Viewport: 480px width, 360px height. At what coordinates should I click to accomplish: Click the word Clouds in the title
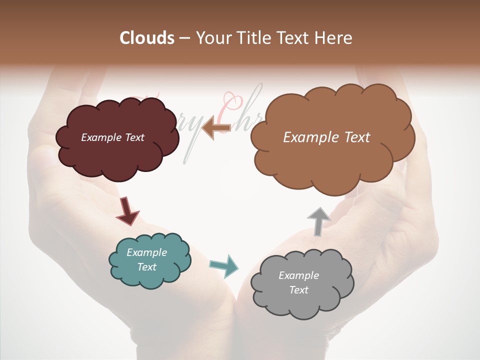(x=147, y=38)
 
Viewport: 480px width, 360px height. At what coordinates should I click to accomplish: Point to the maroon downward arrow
(x=127, y=210)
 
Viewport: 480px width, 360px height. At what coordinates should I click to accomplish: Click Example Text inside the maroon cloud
(x=112, y=137)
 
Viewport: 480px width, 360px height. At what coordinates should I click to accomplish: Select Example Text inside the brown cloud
(x=326, y=137)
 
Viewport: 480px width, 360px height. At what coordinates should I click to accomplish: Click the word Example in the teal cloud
(x=146, y=252)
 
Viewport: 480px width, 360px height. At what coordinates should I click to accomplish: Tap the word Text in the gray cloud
(x=298, y=290)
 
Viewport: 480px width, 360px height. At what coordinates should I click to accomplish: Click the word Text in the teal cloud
(x=146, y=267)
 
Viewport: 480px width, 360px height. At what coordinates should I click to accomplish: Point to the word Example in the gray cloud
(x=298, y=275)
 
